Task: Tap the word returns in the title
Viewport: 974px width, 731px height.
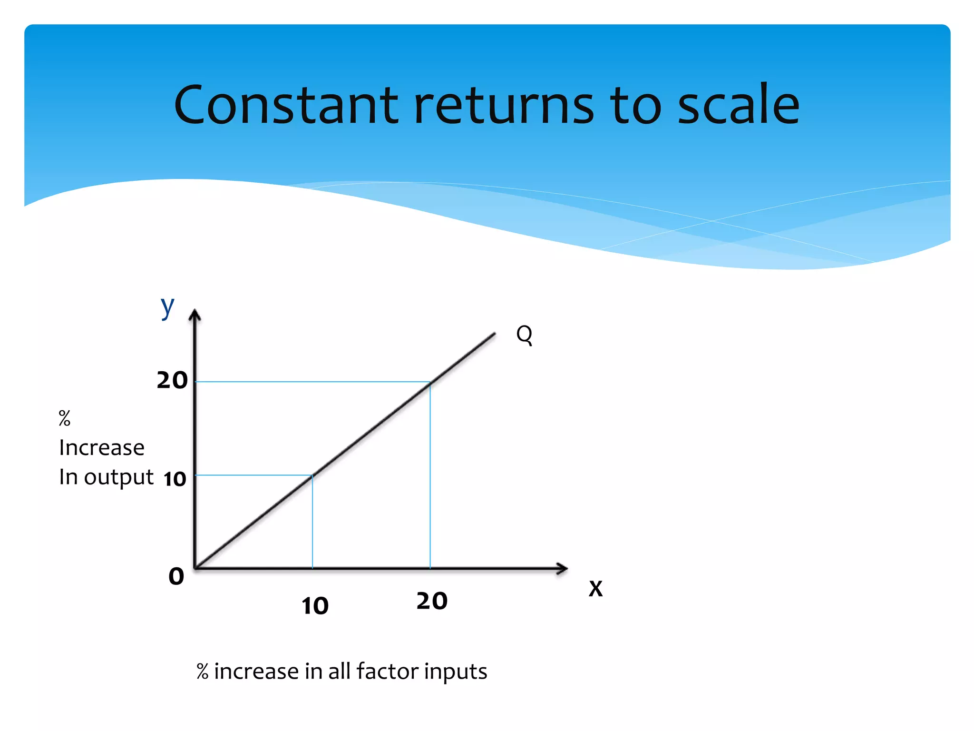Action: coord(504,106)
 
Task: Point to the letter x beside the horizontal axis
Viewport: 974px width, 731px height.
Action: coord(595,588)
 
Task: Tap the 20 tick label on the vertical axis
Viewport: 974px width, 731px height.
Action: coord(172,380)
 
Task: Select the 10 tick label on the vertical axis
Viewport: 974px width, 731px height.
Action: coord(175,479)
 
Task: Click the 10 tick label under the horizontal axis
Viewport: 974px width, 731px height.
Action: coord(315,606)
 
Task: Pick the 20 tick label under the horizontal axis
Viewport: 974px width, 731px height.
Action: coord(432,601)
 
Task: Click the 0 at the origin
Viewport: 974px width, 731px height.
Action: coord(176,576)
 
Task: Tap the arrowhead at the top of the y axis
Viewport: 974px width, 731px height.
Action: coord(195,315)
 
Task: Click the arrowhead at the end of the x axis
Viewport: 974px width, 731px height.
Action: coord(562,568)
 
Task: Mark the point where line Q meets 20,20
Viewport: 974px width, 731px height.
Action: coord(430,382)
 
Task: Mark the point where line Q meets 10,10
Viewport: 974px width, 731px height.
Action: coord(312,475)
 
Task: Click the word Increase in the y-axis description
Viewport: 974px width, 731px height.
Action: coord(101,447)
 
